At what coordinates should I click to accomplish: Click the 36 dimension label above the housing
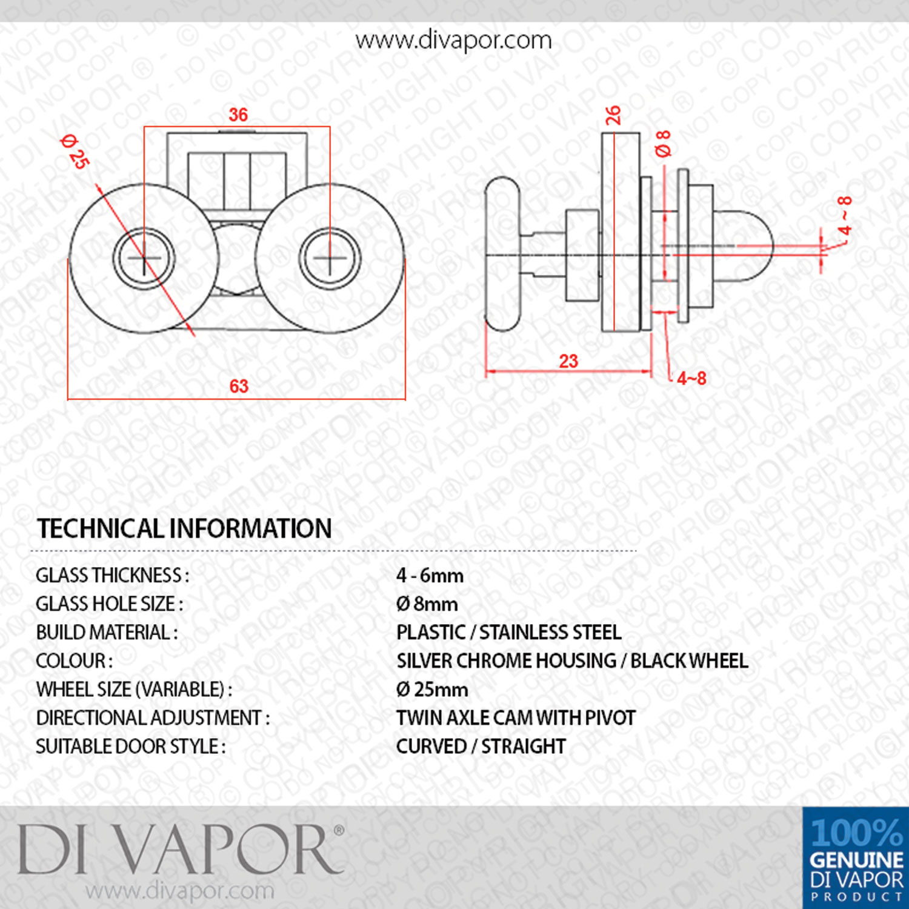[x=238, y=115]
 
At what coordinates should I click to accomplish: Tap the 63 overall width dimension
[x=239, y=386]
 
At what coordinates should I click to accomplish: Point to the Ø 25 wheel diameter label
[x=76, y=151]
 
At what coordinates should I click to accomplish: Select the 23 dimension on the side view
[x=568, y=361]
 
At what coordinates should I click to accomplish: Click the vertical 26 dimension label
[x=613, y=115]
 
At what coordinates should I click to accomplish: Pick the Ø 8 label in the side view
[x=664, y=144]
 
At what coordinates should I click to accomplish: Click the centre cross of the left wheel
[x=144, y=259]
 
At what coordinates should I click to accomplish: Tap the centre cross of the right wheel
[x=330, y=259]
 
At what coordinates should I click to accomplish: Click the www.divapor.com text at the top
[x=453, y=41]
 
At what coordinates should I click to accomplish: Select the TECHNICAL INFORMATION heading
[x=184, y=528]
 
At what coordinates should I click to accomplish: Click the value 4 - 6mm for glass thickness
[x=430, y=575]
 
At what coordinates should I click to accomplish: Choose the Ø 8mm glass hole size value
[x=427, y=604]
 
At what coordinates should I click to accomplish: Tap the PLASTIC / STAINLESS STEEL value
[x=509, y=633]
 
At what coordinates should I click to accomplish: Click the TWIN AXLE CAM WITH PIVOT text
[x=516, y=718]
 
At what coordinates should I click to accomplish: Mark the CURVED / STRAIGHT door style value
[x=481, y=747]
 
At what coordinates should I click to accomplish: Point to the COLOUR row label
[x=74, y=661]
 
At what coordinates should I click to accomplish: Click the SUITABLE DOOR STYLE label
[x=130, y=747]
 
